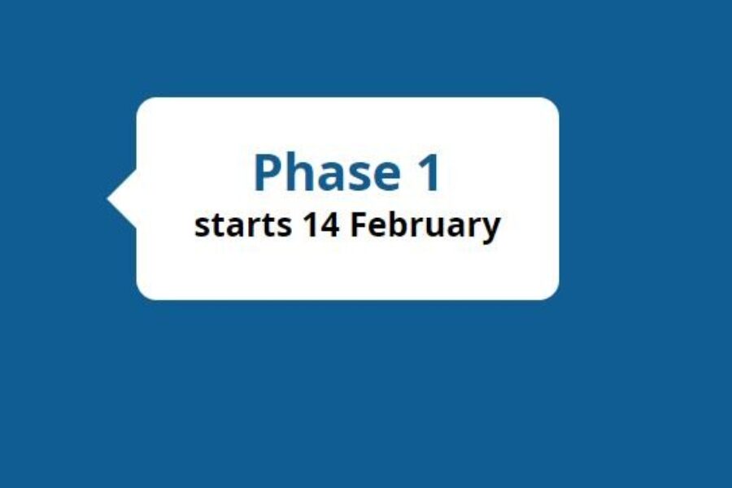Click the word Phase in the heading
tap(324, 173)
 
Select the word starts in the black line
tap(242, 225)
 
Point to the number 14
tap(320, 224)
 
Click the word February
tap(425, 225)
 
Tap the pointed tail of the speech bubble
tap(114, 198)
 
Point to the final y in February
tap(491, 229)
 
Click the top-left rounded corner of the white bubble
tap(144, 105)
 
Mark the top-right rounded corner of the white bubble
tap(551, 105)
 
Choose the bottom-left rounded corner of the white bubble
tap(144, 292)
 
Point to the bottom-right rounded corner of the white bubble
tap(551, 292)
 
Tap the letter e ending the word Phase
tap(381, 176)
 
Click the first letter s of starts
tap(202, 227)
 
